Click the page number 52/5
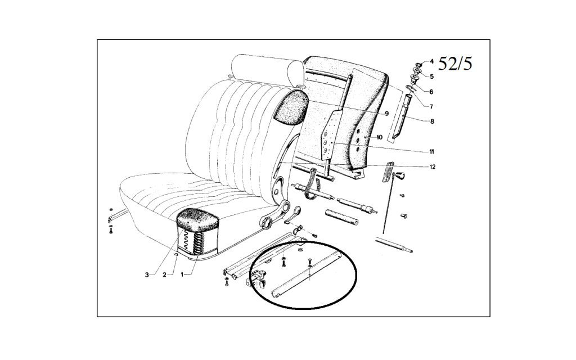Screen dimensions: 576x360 pyautogui.click(x=455, y=64)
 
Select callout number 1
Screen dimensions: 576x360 pyautogui.click(x=182, y=274)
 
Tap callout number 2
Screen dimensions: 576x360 pyautogui.click(x=165, y=274)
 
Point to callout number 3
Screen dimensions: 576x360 pyautogui.click(x=147, y=274)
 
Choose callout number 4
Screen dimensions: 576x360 pyautogui.click(x=431, y=61)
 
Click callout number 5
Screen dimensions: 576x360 pyautogui.click(x=431, y=76)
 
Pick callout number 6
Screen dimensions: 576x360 pyautogui.click(x=431, y=92)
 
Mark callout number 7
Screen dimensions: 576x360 pyautogui.click(x=431, y=106)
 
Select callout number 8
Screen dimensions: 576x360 pyautogui.click(x=431, y=121)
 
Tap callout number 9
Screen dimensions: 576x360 pyautogui.click(x=387, y=114)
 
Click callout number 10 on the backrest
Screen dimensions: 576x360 pyautogui.click(x=380, y=137)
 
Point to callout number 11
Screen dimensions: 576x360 pyautogui.click(x=432, y=152)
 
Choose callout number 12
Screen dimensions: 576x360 pyautogui.click(x=433, y=167)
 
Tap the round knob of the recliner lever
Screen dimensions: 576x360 pyautogui.click(x=266, y=222)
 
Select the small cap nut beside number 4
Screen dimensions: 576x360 pyautogui.click(x=422, y=63)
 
